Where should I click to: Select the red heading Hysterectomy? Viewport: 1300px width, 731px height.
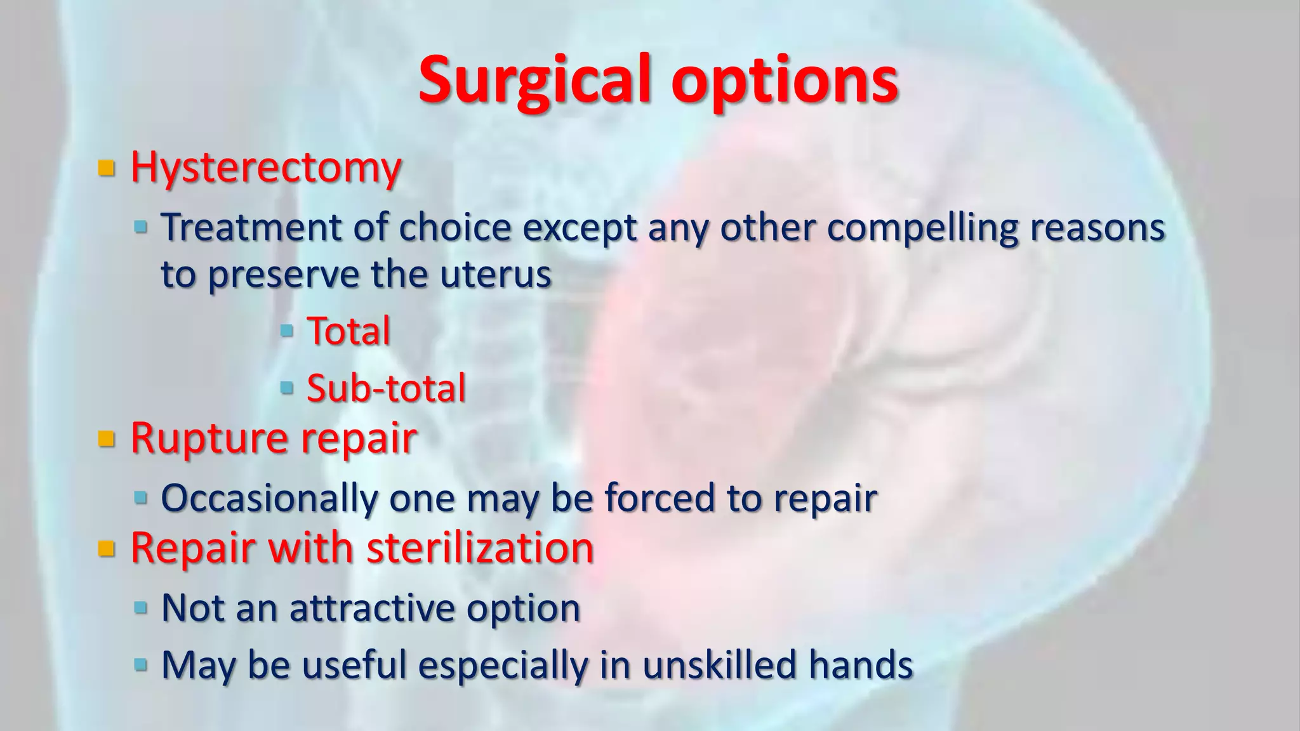266,168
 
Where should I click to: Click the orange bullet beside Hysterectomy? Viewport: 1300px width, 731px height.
107,169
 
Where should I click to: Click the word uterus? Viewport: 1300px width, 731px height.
496,274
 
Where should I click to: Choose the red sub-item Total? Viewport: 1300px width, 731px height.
348,331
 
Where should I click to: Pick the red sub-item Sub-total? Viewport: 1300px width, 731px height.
386,388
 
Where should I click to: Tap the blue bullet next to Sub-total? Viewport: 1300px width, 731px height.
287,386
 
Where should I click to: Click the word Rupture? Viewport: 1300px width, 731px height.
209,438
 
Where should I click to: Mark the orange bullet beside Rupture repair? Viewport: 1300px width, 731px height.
107,438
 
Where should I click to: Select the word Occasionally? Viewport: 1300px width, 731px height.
269,498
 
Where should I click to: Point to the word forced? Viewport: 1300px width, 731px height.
660,498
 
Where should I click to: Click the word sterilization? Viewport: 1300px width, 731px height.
481,548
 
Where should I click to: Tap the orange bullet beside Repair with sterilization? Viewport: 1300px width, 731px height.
107,548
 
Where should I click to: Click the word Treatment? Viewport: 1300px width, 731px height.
251,227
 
